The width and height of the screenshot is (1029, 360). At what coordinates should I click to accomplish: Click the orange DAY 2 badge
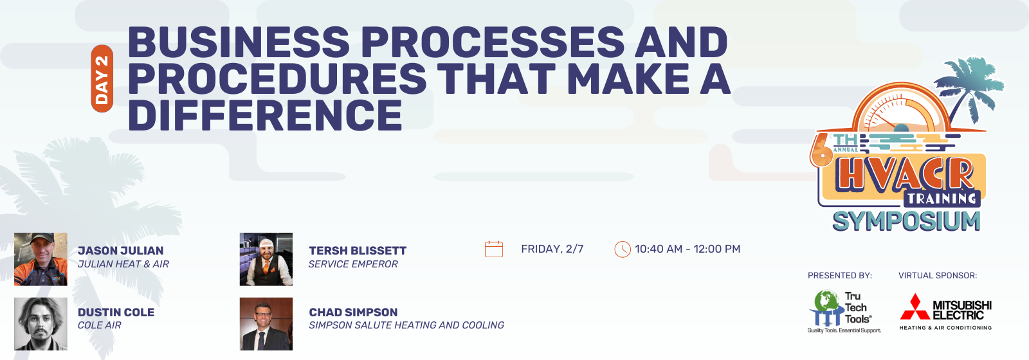click(102, 78)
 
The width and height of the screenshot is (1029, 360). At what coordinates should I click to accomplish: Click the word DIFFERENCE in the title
click(265, 115)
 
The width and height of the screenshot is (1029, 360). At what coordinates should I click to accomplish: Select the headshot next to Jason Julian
click(41, 259)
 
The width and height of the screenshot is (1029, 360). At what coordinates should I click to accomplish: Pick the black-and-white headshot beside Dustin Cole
click(41, 324)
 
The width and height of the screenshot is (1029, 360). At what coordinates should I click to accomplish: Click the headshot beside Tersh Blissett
click(266, 259)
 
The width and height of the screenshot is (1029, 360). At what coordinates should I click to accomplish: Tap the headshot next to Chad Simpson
click(266, 324)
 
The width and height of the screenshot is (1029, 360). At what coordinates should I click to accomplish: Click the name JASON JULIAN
click(120, 251)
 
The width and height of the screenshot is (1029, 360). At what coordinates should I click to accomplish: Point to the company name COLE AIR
click(99, 325)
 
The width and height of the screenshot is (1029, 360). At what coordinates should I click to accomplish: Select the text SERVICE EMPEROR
click(353, 264)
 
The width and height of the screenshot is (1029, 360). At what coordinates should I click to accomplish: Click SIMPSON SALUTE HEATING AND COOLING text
click(406, 325)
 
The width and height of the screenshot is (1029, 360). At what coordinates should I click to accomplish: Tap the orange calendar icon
click(494, 249)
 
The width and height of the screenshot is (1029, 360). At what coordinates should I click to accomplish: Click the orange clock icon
click(623, 249)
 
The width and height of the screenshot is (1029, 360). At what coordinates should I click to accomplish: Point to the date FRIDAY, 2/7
click(552, 249)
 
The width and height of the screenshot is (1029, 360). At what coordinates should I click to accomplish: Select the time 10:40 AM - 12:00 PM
click(688, 249)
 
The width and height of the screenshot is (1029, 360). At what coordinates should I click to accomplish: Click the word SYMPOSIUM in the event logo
click(906, 221)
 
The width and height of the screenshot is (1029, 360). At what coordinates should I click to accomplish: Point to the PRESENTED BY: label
click(840, 276)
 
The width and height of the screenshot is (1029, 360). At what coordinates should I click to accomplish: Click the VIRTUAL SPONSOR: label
click(938, 276)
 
